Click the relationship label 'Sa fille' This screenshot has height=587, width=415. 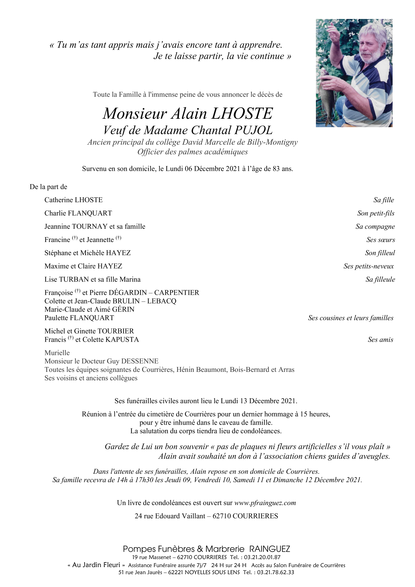pos(383,200)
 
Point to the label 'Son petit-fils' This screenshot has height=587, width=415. pos(376,213)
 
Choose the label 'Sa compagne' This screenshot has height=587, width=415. pos(375,227)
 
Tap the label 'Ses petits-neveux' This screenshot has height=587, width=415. pos(368,266)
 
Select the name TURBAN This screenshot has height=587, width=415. pos(73,280)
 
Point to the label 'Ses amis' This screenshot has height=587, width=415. pos(380,340)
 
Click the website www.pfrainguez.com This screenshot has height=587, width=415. pos(265,503)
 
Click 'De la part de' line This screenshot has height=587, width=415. pos(48,187)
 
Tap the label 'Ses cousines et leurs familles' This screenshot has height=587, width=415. pos(351,318)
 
